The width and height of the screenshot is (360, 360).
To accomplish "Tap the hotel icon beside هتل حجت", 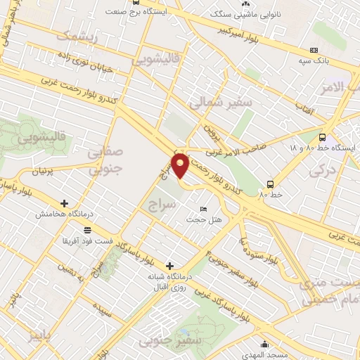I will click(204, 210).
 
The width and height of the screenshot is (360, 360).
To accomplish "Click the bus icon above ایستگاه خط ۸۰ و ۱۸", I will click(322, 138).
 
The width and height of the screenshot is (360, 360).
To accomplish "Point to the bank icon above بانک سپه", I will click(313, 50).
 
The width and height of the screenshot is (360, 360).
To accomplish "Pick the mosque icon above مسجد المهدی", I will click(264, 344).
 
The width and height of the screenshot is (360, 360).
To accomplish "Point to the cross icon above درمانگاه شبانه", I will click(169, 266).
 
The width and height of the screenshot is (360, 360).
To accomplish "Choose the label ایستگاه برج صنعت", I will click(149, 12).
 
